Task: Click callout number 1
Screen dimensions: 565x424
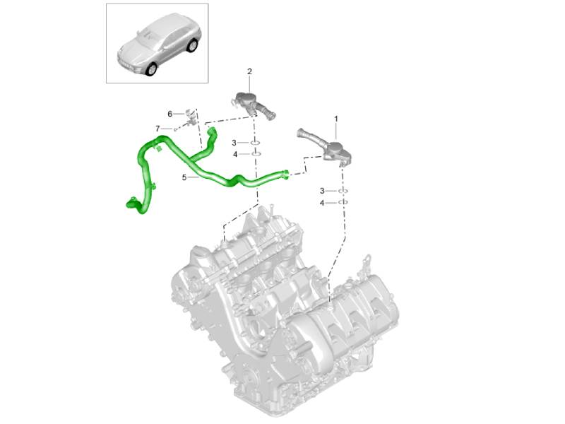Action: (336, 119)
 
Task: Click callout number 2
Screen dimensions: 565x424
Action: (249, 71)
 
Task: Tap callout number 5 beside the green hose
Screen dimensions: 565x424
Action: (184, 177)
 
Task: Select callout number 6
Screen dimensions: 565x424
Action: (169, 114)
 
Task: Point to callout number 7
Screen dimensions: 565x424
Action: (157, 129)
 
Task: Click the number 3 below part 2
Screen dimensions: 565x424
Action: (234, 143)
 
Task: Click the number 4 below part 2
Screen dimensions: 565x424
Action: (235, 154)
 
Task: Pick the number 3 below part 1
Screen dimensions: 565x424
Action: (322, 191)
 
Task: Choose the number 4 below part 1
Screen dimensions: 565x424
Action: (322, 204)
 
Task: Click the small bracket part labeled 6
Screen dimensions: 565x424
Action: (191, 117)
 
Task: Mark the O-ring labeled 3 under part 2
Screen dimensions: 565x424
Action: (255, 143)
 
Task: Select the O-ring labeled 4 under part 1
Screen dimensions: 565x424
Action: (343, 203)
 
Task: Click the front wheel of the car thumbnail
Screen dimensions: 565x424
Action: (151, 69)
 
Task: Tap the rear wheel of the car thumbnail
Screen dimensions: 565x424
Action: (193, 45)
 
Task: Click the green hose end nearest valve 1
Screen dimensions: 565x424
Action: (285, 174)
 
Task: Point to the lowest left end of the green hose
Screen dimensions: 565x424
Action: (130, 203)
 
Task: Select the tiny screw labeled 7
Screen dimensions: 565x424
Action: (175, 129)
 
